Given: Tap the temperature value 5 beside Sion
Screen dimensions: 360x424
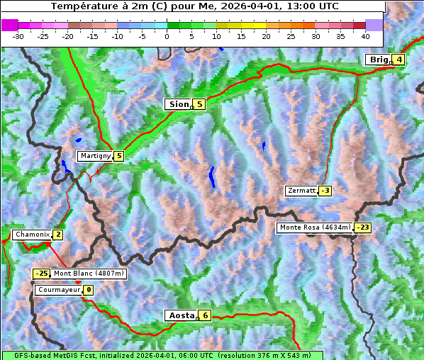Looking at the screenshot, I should pyautogui.click(x=199, y=104).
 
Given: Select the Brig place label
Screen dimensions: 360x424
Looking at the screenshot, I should pyautogui.click(x=379, y=60).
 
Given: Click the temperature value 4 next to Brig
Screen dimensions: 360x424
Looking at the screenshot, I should pyautogui.click(x=399, y=60).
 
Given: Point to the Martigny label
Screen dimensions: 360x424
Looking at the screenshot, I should pyautogui.click(x=95, y=156).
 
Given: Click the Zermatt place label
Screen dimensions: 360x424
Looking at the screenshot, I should pyautogui.click(x=301, y=191).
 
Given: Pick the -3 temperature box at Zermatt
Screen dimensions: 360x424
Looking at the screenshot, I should pyautogui.click(x=325, y=191).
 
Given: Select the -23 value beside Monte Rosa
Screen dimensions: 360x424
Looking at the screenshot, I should pyautogui.click(x=362, y=227).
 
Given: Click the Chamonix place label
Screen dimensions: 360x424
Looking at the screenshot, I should pyautogui.click(x=32, y=235).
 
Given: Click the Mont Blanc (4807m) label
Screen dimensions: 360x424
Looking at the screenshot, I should pyautogui.click(x=89, y=274).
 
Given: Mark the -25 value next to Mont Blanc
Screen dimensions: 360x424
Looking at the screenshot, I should pyautogui.click(x=41, y=274).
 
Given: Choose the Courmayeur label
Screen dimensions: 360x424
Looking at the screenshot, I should pyautogui.click(x=59, y=290).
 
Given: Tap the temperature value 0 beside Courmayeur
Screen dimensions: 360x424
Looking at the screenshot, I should pyautogui.click(x=89, y=290).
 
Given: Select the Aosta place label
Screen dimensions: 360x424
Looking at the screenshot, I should pyautogui.click(x=180, y=315).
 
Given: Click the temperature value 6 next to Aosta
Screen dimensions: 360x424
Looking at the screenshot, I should pyautogui.click(x=204, y=315).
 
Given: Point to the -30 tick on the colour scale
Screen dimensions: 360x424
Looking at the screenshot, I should pyautogui.click(x=18, y=36).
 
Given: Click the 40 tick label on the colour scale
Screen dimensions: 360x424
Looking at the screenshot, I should pyautogui.click(x=365, y=36).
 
